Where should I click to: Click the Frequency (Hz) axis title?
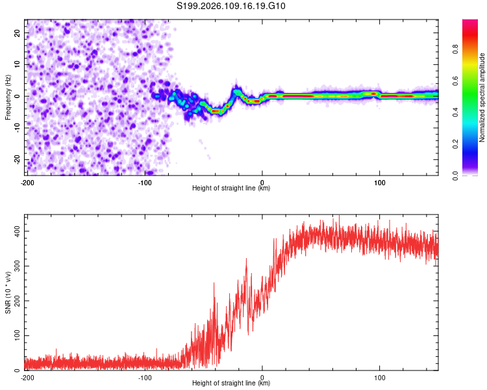tap(8, 97)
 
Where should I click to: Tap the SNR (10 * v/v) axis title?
tap(8, 292)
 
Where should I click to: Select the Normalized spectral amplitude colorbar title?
tap(482, 97)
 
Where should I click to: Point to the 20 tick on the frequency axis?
tap(18, 33)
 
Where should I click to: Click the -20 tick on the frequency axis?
tap(17, 160)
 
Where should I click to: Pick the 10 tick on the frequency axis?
tap(18, 65)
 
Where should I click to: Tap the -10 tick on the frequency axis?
tap(17, 128)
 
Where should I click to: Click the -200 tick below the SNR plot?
tap(27, 378)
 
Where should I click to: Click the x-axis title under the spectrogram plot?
tap(231, 188)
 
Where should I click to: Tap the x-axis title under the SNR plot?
tap(231, 383)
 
